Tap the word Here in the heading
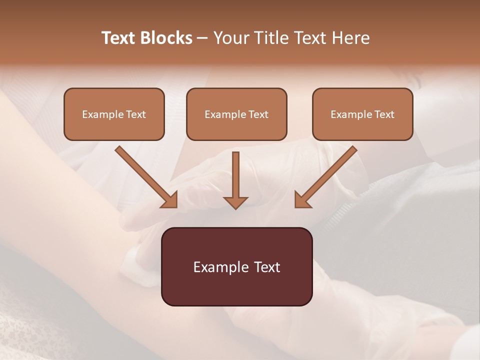pos(350,38)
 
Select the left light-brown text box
pos(114,114)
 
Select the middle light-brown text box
pos(236,114)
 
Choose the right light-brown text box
pos(362,114)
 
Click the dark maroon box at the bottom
pos(236,266)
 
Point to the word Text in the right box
pos(384,114)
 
